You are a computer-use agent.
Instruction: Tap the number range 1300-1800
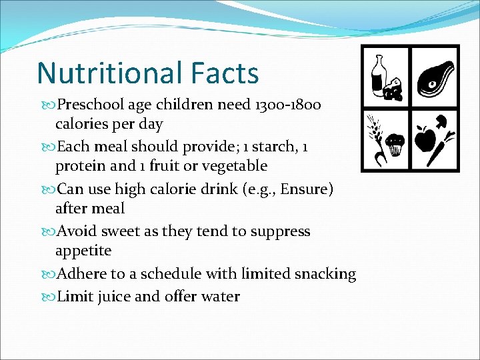click(286, 105)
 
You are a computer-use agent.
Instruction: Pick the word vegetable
click(231, 166)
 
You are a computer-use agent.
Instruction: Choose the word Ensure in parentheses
click(303, 189)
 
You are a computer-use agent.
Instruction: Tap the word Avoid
click(77, 231)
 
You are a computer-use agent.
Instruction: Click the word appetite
click(83, 251)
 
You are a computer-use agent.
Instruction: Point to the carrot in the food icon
click(440, 148)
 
